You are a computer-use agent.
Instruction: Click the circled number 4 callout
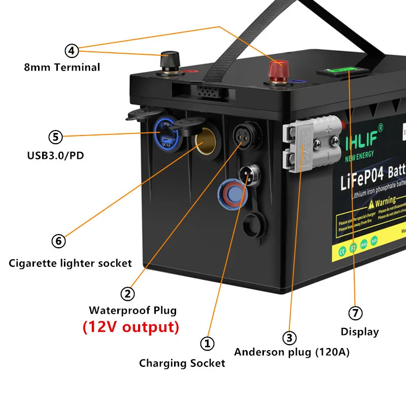tap(72, 50)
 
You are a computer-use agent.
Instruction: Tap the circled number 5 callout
tap(55, 137)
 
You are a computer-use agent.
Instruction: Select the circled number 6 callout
tap(59, 241)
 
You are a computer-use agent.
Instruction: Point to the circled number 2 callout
tap(127, 293)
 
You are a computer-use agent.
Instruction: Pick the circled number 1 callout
tap(207, 344)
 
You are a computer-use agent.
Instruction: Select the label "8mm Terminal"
tap(62, 67)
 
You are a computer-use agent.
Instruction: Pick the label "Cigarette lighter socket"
tap(71, 263)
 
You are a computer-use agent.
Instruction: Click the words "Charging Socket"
tap(182, 363)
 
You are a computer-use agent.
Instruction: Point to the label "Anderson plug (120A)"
tap(291, 352)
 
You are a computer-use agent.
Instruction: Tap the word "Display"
tap(359, 332)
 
